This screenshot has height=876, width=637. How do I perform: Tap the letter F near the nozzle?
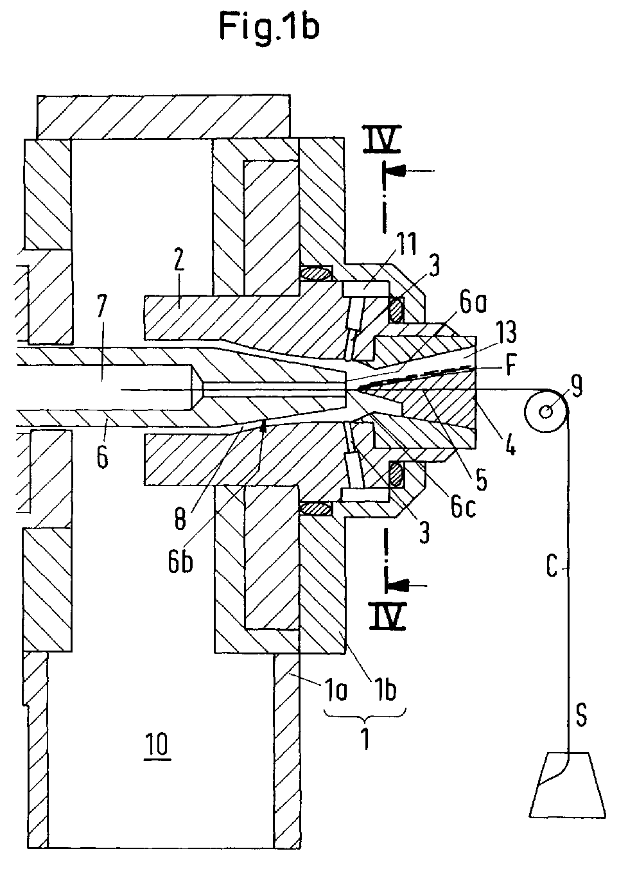510,367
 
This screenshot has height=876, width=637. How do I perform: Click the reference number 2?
179,261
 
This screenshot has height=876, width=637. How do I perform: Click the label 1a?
335,690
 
